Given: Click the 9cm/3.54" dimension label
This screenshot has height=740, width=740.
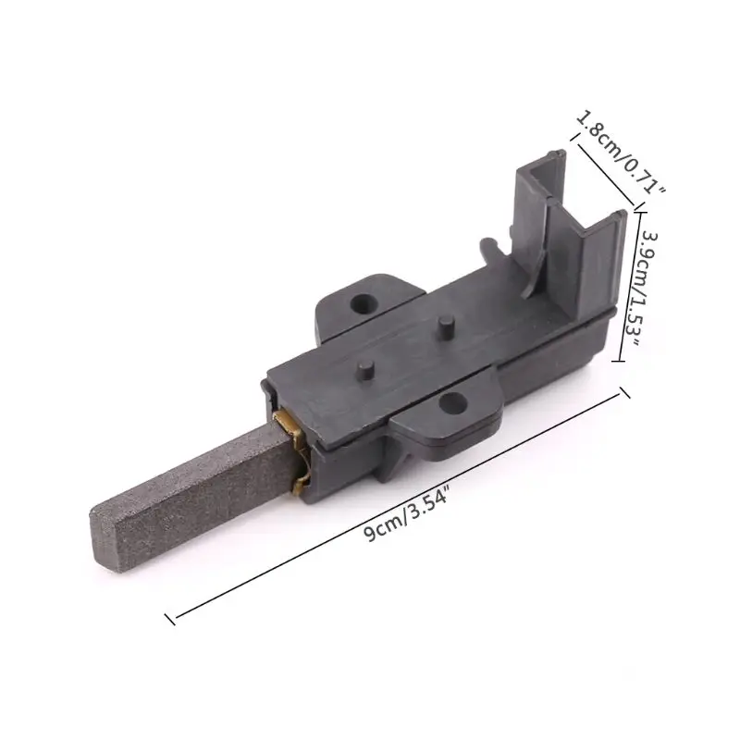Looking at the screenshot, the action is point(406,516).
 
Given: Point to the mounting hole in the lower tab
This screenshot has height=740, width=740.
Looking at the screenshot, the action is point(451,402).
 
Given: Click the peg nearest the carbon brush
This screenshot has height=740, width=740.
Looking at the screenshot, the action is point(365,371).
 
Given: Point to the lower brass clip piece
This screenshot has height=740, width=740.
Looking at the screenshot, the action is point(302,482).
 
